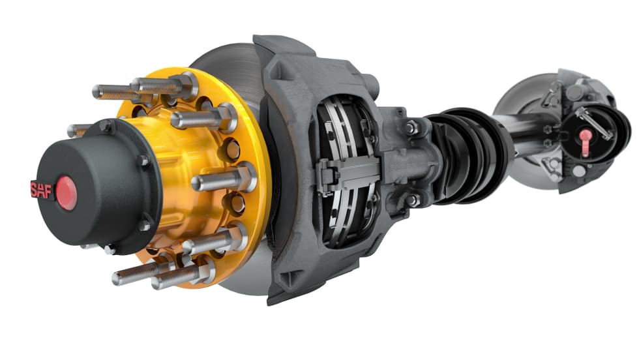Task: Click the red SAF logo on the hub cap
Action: [42, 190]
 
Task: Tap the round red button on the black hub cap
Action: [66, 193]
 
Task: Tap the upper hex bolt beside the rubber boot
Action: [411, 128]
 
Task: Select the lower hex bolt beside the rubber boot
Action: [411, 200]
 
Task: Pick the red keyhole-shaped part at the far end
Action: [586, 143]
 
